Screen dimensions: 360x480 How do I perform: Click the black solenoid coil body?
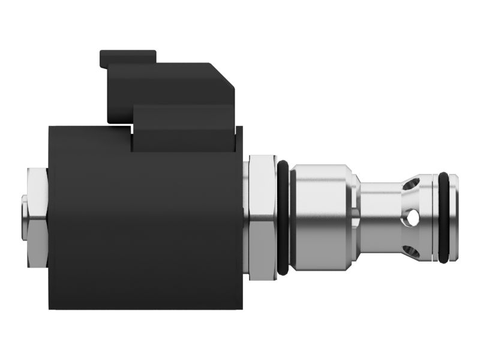pyautogui.click(x=144, y=228)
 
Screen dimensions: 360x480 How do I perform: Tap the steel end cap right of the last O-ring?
pyautogui.click(x=454, y=218)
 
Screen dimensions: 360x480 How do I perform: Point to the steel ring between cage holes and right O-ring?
pyautogui.click(x=430, y=218)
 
